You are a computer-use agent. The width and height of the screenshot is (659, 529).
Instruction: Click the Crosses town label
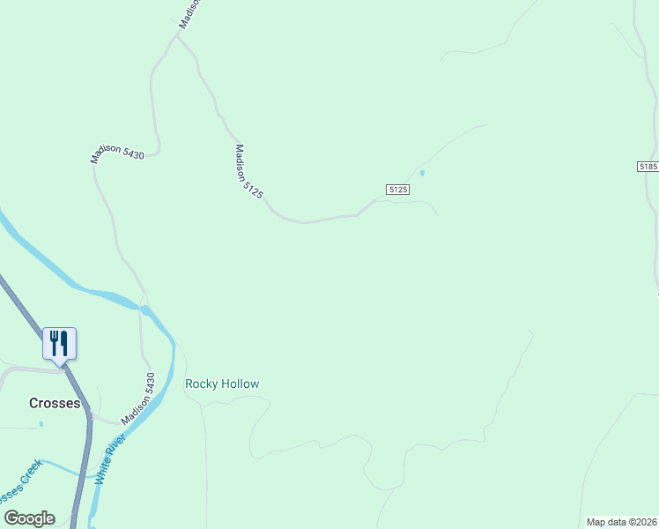click(55, 403)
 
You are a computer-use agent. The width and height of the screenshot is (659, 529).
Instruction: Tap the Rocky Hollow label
click(222, 384)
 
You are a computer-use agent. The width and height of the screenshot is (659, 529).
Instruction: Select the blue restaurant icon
click(60, 343)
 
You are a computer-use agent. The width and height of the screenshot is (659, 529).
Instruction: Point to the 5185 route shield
click(648, 167)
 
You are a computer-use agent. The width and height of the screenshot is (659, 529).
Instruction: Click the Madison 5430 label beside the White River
click(138, 399)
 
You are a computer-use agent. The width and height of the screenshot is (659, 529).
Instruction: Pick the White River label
click(111, 458)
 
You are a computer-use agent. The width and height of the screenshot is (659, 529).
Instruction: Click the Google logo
click(29, 518)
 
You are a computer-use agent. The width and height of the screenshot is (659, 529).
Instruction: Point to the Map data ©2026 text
click(621, 522)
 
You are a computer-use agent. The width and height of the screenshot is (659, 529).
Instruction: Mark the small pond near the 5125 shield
click(422, 172)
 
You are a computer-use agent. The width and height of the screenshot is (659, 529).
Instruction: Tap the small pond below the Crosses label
click(41, 424)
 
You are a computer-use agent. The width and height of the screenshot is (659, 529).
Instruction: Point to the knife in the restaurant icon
click(65, 342)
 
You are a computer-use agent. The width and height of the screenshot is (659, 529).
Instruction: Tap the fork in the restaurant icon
click(54, 342)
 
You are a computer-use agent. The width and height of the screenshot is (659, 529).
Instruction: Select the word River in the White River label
click(116, 446)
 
